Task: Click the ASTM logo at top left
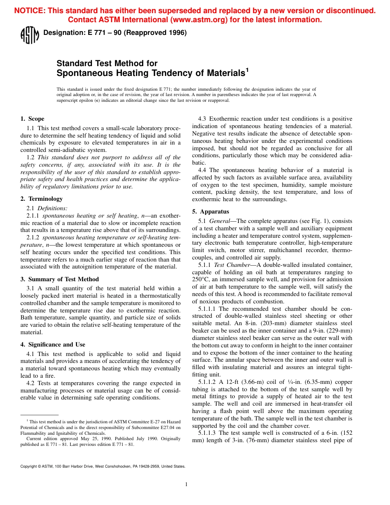[30, 35]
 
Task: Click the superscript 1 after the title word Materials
[247, 70]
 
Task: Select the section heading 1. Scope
[32, 119]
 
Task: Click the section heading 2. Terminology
[41, 199]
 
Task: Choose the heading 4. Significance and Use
[53, 344]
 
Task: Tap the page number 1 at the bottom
[186, 484]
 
